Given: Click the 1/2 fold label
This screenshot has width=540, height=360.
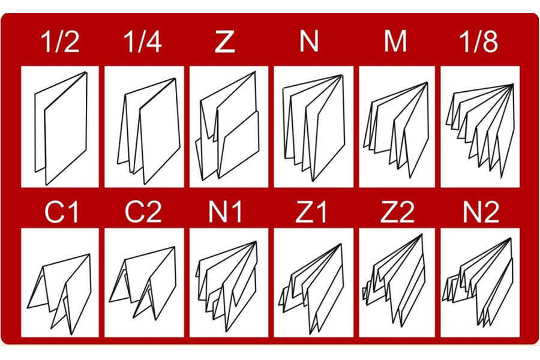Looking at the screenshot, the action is pos(60,41).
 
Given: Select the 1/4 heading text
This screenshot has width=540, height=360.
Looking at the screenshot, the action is pos(143,41).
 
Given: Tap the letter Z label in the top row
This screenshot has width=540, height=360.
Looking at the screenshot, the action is pos(225,41).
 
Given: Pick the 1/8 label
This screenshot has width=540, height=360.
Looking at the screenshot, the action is pos(479,41).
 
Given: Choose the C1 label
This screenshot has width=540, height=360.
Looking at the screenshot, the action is pos(61,212).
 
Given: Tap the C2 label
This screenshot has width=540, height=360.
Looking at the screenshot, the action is pos(143,212).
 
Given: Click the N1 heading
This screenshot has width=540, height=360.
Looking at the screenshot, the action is pos(225,212).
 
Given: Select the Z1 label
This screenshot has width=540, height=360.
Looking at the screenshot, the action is pos(311,212).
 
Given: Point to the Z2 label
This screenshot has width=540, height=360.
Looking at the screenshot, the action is pos(397,212).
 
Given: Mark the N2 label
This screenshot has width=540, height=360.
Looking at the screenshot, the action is pos(481,212).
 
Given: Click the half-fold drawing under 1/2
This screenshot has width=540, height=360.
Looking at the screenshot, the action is pos(61,128).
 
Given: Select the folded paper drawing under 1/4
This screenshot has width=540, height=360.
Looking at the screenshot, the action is pos(149,131).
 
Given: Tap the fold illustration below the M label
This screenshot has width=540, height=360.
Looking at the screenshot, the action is pos(396,130).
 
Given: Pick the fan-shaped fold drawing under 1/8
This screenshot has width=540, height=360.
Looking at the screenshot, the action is pos(480,131).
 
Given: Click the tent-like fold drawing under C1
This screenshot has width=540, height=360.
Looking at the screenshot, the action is pos(59,294).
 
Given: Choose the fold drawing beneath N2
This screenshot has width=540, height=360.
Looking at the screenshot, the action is pos(478,281).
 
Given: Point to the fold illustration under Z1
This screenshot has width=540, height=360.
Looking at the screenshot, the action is pos(311,289).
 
